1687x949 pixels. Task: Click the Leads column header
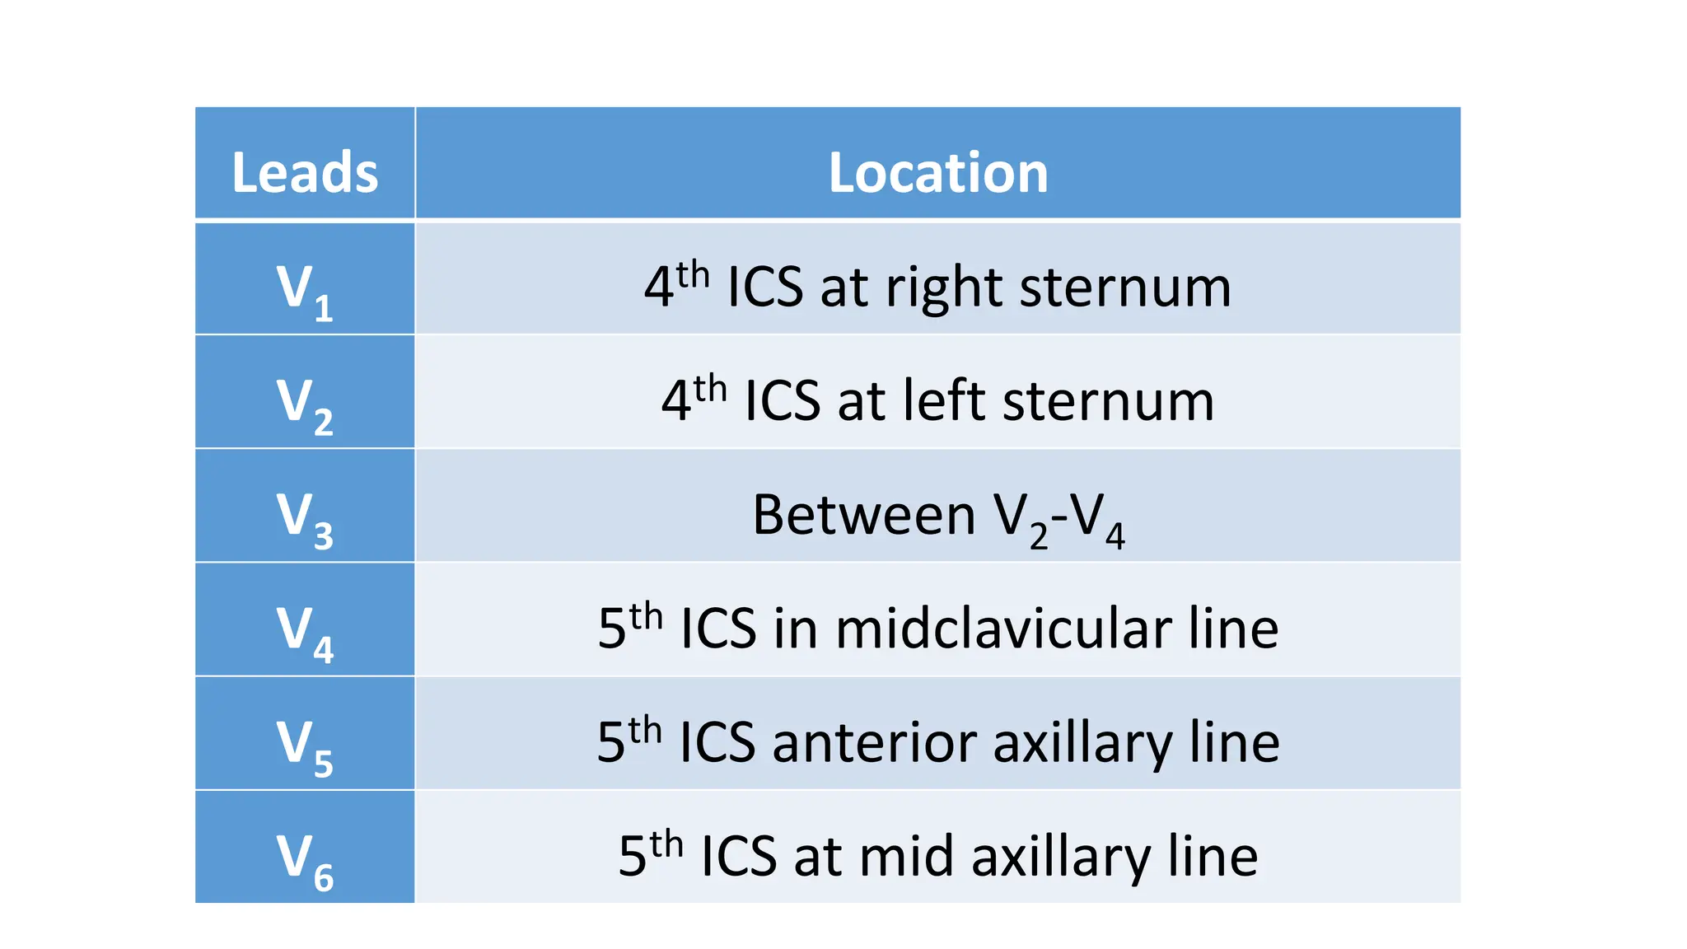(x=305, y=173)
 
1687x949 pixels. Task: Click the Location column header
(x=937, y=173)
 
